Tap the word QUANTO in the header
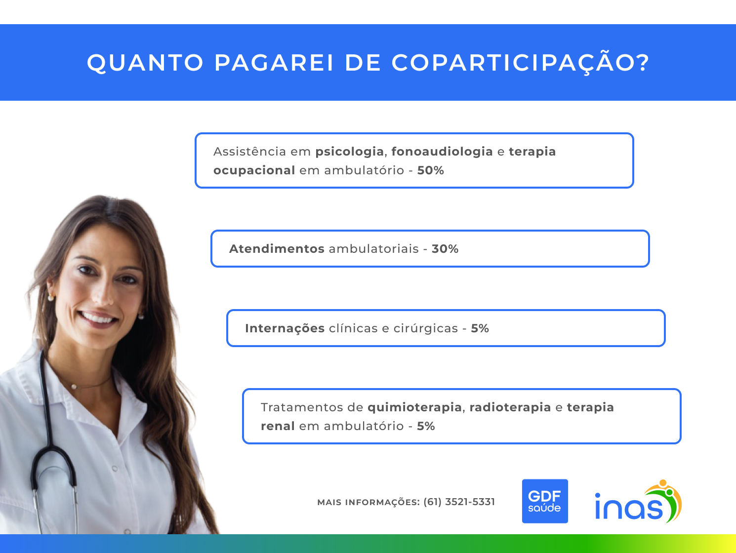tap(145, 63)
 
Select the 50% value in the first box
tap(431, 170)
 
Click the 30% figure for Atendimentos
tap(445, 249)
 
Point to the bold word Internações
tap(285, 328)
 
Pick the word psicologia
tap(349, 152)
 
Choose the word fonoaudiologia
tap(442, 152)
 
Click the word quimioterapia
tap(415, 407)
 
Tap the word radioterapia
tap(510, 407)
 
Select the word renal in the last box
tap(278, 426)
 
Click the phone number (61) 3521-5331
tap(459, 502)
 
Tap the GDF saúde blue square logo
tap(545, 501)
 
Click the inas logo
tap(638, 502)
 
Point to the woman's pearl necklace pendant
tap(74, 387)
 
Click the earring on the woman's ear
tap(51, 297)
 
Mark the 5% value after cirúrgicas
tap(480, 328)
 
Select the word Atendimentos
tap(277, 249)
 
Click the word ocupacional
tap(254, 171)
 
